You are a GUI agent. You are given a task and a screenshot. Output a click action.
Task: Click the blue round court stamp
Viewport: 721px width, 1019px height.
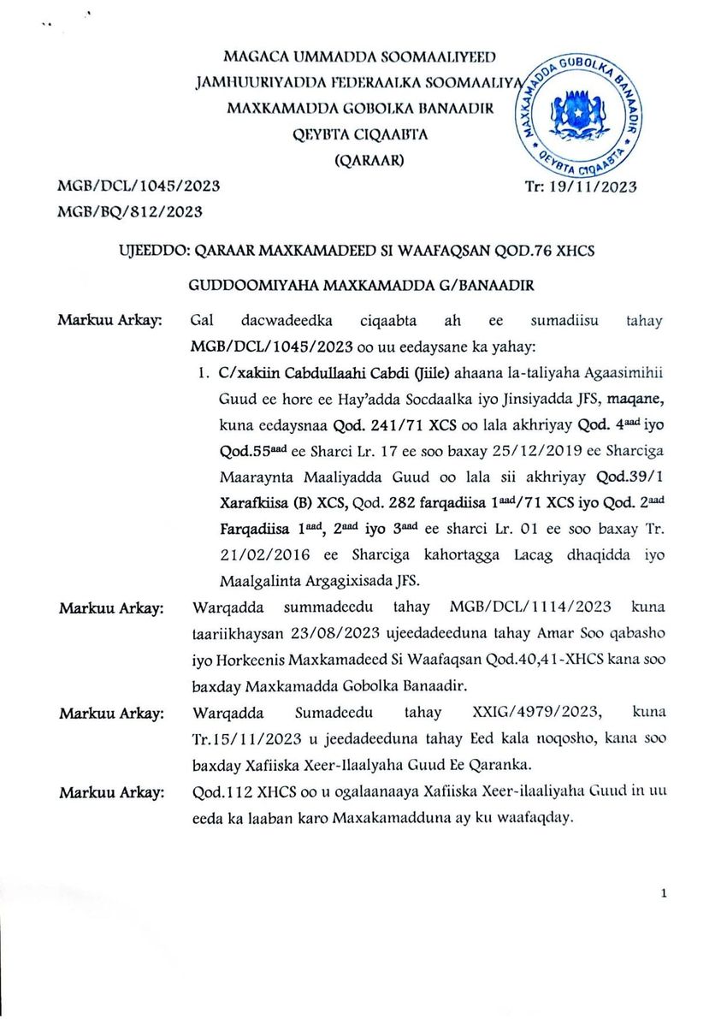click(x=579, y=111)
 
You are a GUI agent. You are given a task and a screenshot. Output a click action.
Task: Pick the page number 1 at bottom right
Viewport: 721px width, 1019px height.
click(x=664, y=893)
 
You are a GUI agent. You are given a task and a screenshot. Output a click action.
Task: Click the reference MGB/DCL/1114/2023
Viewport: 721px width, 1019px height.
click(x=530, y=607)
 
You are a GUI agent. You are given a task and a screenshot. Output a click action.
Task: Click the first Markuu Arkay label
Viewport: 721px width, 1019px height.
click(x=110, y=321)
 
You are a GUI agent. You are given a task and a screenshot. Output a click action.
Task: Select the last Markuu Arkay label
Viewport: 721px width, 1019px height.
click(x=110, y=794)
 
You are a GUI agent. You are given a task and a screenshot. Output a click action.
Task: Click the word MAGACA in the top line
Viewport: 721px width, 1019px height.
click(x=255, y=56)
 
